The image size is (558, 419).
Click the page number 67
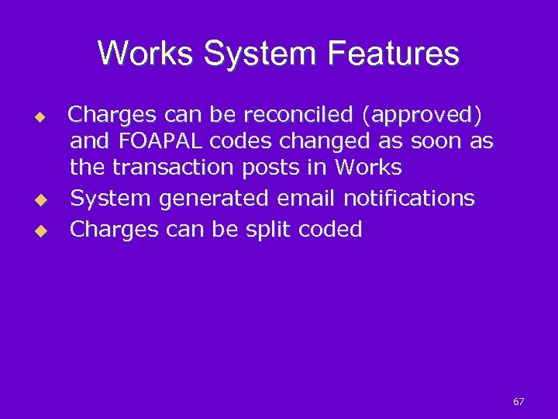518,401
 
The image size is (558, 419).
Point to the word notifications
408,199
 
